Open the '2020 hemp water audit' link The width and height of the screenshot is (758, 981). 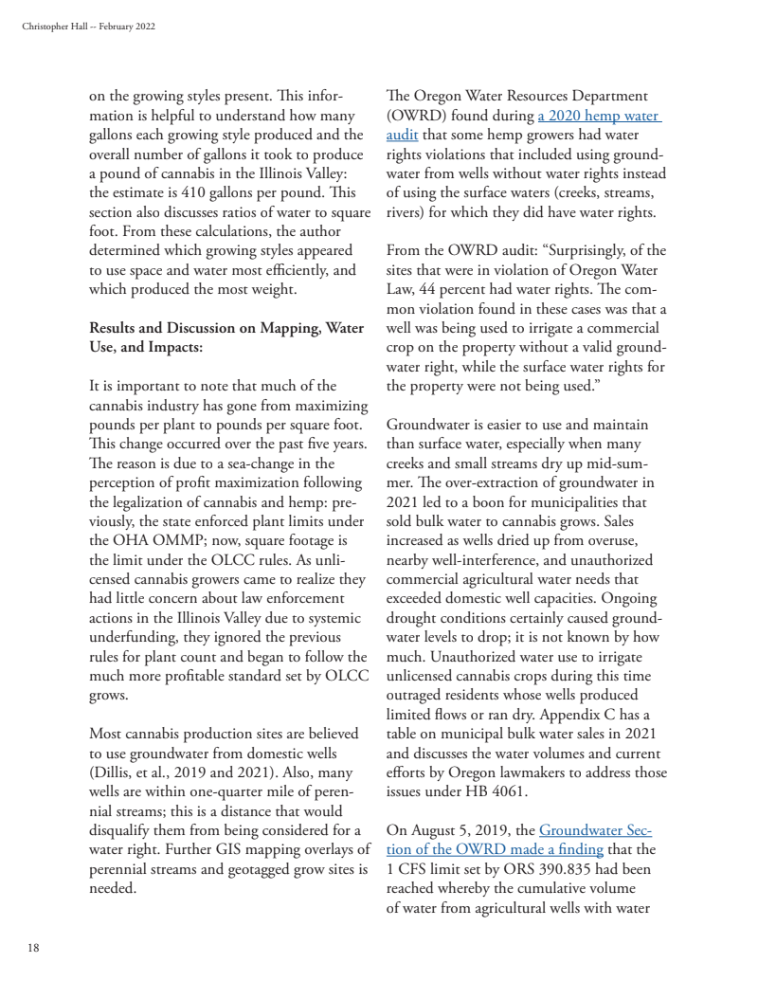(598, 117)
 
